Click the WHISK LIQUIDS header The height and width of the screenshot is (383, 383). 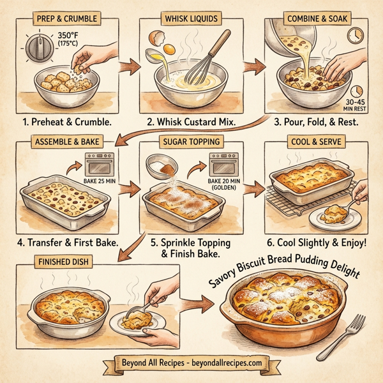click(x=191, y=19)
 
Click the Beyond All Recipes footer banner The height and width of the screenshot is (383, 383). click(x=191, y=363)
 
